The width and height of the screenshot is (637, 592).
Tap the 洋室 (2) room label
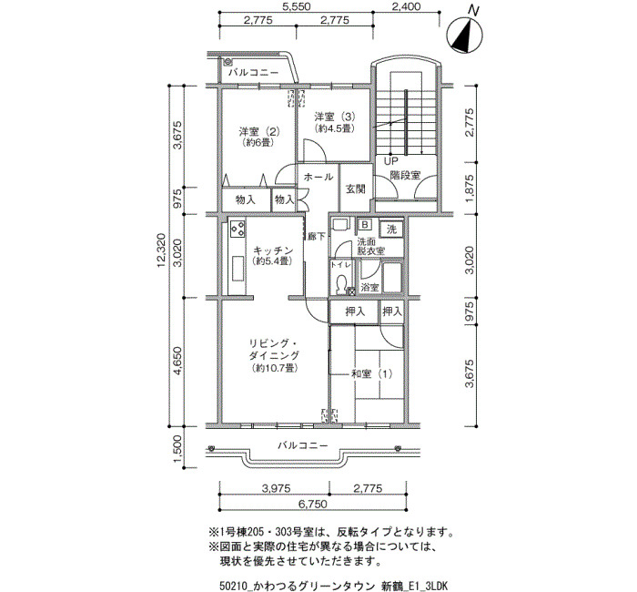pos(258,132)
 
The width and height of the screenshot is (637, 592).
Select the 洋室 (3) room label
pos(335,117)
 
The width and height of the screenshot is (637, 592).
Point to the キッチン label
pos(273,250)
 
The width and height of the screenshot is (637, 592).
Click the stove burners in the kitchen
pos(238,229)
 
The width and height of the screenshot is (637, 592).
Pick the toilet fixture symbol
pos(341,283)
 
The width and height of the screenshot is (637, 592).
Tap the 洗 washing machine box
pos(391,230)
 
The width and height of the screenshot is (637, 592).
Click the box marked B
pos(365,224)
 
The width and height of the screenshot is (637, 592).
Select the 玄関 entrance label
pos(356,189)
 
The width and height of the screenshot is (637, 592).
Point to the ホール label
pos(318,177)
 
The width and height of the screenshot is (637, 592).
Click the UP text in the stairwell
pos(390,161)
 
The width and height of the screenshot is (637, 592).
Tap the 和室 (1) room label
pos(371,373)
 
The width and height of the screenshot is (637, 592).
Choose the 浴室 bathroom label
pos(370,288)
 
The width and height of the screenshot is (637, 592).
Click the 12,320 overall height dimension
pos(161,250)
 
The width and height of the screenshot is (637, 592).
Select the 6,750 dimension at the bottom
pos(312,505)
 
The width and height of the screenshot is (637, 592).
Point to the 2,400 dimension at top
pos(406,6)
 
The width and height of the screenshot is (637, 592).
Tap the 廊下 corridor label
pos(317,236)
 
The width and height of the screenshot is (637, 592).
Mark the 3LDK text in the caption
pos(436,587)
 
